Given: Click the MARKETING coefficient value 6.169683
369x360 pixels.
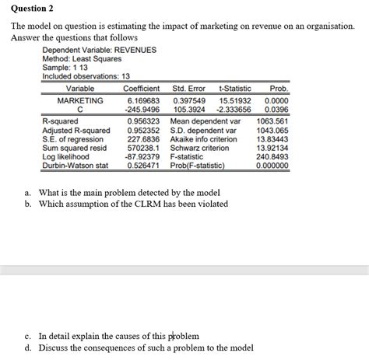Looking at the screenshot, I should tap(143, 101).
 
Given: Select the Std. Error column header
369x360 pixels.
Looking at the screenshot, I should tap(188, 89).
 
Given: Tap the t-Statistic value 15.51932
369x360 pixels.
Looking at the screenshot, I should tap(234, 101).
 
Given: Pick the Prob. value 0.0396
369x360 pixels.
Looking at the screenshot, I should tap(276, 110).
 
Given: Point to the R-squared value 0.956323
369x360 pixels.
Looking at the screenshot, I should tap(143, 121).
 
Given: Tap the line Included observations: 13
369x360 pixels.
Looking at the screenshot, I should tap(86, 76).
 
